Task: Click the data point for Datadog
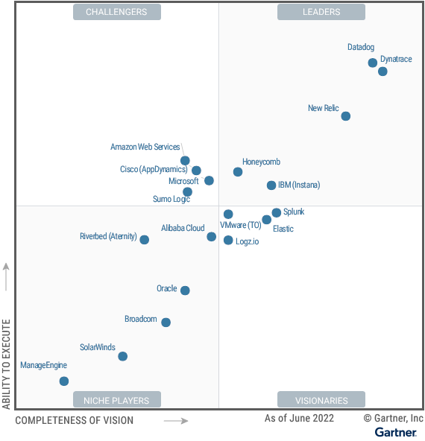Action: coord(373,63)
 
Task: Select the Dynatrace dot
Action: coord(382,72)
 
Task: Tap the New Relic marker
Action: coord(345,116)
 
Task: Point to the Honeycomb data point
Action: coord(238,172)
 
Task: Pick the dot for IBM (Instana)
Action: coord(271,185)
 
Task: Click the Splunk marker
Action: coord(277,213)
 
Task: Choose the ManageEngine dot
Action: coord(64,381)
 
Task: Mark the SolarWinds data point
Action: coord(123,356)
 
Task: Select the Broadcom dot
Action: coord(166,323)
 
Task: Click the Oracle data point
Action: coord(185,291)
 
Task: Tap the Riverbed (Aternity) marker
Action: coord(145,240)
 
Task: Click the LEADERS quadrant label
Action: coord(321,12)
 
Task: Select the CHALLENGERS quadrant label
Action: coord(116,12)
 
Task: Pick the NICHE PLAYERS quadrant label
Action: coord(116,400)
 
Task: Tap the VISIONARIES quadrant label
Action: coord(321,400)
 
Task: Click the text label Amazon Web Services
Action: coord(145,147)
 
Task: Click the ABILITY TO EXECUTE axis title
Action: coord(7,364)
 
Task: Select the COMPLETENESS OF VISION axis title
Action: coord(75,420)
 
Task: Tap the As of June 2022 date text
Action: coord(299,419)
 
